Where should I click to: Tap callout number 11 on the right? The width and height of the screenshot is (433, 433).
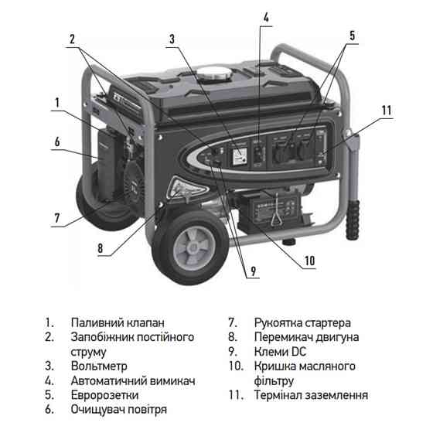[387, 110]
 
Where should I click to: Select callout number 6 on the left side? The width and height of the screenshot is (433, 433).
[57, 141]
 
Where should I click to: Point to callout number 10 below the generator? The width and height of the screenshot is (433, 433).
[309, 261]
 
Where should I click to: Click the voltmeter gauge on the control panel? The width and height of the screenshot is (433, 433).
[239, 155]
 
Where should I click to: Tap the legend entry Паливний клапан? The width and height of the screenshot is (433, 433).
[117, 322]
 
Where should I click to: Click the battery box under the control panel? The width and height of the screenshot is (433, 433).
[274, 209]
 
